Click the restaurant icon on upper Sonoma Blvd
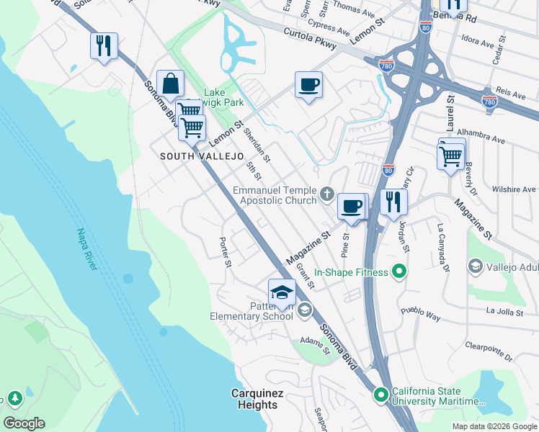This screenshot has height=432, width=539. (104, 46)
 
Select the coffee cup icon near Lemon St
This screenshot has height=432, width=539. (308, 86)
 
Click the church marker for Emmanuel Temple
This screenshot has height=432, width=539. (327, 193)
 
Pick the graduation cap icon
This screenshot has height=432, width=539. (282, 292)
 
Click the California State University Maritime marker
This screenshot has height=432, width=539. (381, 395)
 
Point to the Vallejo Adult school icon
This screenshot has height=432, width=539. (475, 267)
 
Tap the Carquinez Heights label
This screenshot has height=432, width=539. (257, 399)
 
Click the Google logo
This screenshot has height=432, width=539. (24, 423)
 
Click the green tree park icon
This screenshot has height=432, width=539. (14, 397)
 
